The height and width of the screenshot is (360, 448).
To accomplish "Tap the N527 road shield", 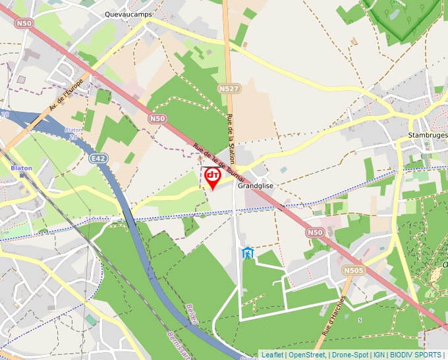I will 229,88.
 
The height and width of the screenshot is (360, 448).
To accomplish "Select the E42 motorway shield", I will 99,159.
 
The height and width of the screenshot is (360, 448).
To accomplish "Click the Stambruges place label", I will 428,135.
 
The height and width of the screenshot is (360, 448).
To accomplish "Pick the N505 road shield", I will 353,270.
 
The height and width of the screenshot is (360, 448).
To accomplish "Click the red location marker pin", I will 212,176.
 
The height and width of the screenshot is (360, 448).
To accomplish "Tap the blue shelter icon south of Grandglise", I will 247,253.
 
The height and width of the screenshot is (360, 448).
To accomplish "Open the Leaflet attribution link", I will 272,355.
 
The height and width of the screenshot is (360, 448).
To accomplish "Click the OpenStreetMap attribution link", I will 306,355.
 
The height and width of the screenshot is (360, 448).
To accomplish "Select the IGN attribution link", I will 379,355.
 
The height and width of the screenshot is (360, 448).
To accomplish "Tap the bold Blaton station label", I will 21,168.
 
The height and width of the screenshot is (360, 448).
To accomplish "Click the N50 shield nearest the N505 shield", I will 315,232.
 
